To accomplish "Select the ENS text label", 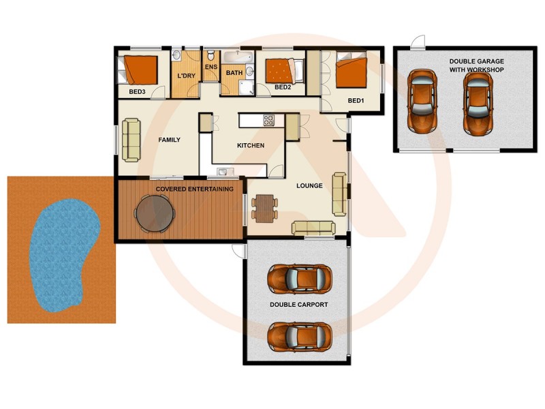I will tap(211, 67).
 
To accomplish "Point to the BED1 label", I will tap(356, 101).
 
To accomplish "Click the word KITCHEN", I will tap(250, 145).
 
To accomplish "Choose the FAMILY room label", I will tap(169, 140).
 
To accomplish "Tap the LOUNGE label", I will tap(309, 185).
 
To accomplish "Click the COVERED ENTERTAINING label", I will tap(194, 189).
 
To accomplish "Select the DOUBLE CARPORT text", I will tap(299, 305).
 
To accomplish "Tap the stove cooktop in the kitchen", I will tap(269, 121).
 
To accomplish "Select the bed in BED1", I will tap(352, 72).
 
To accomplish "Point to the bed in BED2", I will tap(279, 71).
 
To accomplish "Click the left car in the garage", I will tap(422, 101).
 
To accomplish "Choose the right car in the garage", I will tap(478, 102).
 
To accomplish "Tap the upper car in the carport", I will tap(300, 277).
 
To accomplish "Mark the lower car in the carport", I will tap(300, 335).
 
